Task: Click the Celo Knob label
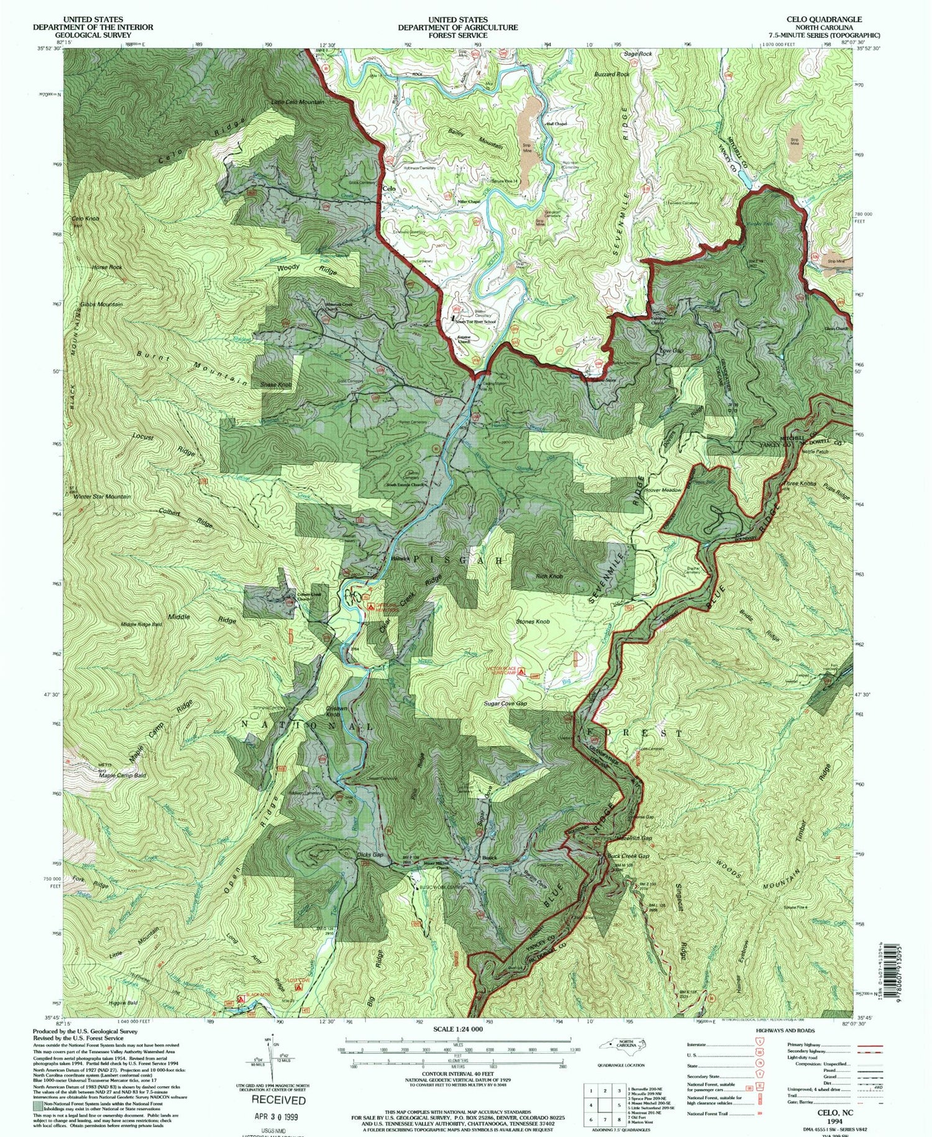(85, 219)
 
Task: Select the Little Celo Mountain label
(298, 102)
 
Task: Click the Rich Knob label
(549, 577)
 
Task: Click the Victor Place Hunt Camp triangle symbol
(522, 672)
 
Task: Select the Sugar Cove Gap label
(505, 704)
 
